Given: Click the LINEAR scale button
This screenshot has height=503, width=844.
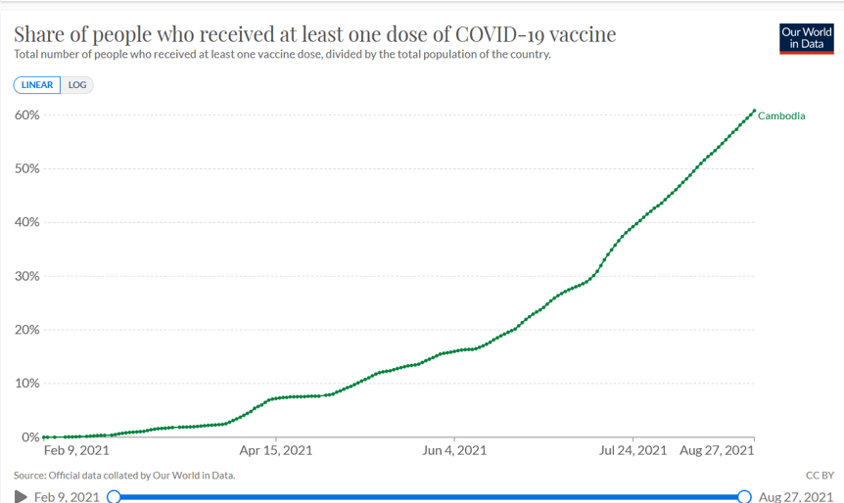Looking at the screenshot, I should (x=37, y=85).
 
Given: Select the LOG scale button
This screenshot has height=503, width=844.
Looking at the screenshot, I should (x=77, y=85).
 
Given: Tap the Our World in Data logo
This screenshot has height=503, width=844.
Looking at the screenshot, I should (x=806, y=38).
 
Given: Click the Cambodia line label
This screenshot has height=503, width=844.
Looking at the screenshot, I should (x=781, y=115).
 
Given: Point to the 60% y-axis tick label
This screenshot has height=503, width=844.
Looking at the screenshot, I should (x=26, y=114).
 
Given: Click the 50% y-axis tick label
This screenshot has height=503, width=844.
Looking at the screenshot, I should (x=26, y=168).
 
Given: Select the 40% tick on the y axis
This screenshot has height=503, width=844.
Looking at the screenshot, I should (x=26, y=222).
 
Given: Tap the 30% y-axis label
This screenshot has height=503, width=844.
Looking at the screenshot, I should (x=26, y=276).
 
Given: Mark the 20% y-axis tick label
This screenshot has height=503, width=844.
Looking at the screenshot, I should (x=26, y=330).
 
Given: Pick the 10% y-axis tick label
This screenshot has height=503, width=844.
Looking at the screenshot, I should (x=26, y=384).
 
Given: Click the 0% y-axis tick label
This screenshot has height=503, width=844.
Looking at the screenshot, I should (x=29, y=437).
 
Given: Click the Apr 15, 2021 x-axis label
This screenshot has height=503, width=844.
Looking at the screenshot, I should (x=276, y=451).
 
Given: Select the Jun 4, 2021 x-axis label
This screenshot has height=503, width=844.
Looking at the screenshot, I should (x=454, y=451).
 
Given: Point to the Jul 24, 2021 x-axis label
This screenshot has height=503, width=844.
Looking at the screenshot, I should (x=633, y=451).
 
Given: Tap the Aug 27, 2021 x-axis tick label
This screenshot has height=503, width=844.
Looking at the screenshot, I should (x=717, y=451).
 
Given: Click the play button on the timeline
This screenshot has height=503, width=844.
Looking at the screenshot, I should (x=21, y=497).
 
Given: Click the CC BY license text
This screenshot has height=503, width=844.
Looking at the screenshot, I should (x=819, y=476).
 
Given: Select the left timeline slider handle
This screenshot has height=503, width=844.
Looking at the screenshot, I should (x=114, y=497).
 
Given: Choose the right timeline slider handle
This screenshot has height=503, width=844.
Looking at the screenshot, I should (x=744, y=497).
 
